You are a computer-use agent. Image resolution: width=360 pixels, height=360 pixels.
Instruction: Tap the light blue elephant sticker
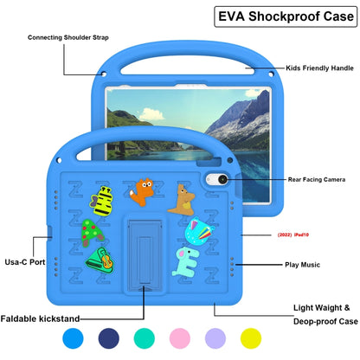click(x=185, y=263)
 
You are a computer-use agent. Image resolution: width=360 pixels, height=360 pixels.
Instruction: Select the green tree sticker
click(x=90, y=233)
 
